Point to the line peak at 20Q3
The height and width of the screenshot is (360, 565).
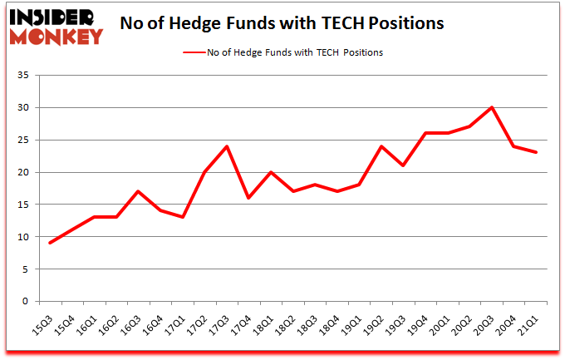pos(492,107)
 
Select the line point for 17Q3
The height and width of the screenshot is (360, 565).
pos(227,146)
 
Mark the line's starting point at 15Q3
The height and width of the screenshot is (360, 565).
pos(52,243)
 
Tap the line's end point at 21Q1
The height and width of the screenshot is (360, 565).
pos(536,152)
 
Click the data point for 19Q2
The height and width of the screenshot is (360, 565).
pos(381,146)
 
